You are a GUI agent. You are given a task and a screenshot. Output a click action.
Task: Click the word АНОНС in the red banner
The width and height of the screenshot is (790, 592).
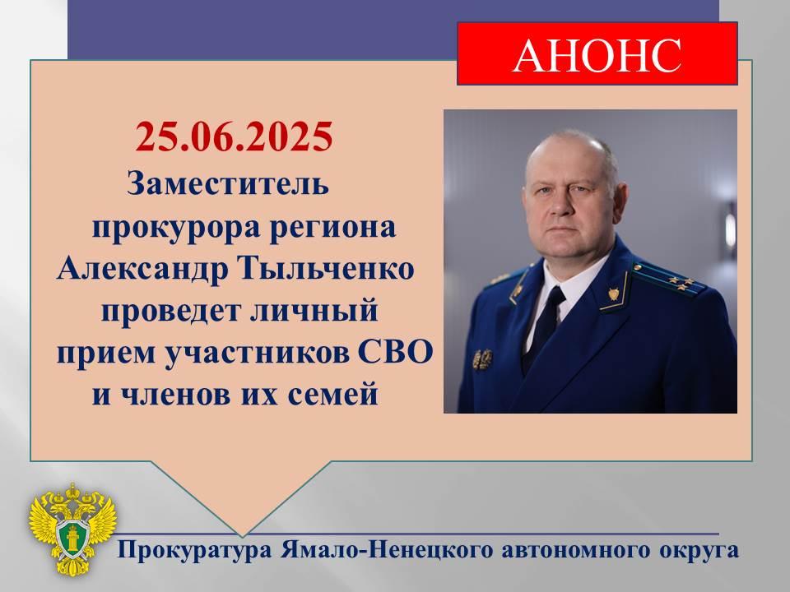click(597, 54)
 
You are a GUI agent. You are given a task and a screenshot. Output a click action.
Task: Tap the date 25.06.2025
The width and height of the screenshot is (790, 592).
click(234, 136)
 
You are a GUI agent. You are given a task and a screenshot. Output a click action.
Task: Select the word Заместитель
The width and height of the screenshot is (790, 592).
click(228, 183)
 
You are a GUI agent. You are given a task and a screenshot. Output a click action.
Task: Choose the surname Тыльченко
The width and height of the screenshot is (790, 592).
click(326, 269)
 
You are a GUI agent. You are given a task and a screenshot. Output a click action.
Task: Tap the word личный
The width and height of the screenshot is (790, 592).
click(314, 310)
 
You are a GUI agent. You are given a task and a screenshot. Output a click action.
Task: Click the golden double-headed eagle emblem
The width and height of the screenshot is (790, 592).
click(72, 529)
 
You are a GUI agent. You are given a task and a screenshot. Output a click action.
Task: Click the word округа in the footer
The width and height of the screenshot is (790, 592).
click(699, 551)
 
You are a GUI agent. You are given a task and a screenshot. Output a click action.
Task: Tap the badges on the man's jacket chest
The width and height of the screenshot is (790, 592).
click(483, 359)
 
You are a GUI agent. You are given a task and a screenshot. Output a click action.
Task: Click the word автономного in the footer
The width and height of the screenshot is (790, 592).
click(574, 550)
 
